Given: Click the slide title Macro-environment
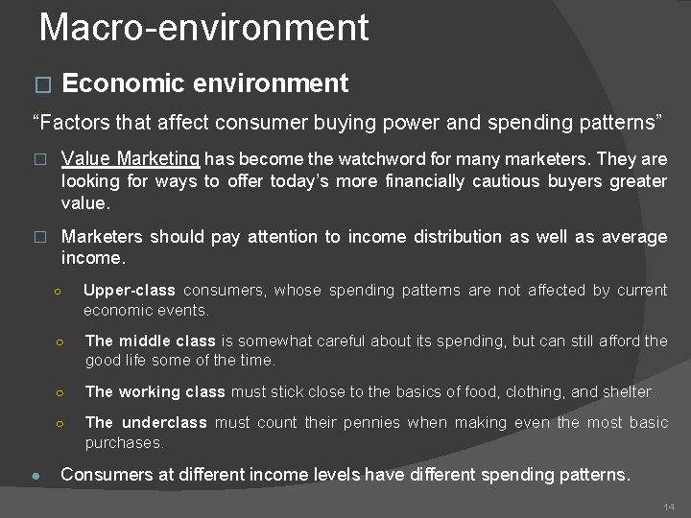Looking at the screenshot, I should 203,28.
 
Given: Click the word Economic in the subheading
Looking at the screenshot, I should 122,84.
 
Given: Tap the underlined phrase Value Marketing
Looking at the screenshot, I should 130,159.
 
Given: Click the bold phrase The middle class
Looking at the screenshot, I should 150,341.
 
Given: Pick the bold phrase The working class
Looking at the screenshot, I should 155,391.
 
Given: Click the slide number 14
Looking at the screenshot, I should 670,506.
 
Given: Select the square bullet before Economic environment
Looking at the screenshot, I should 40,85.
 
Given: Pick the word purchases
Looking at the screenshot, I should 124,443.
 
